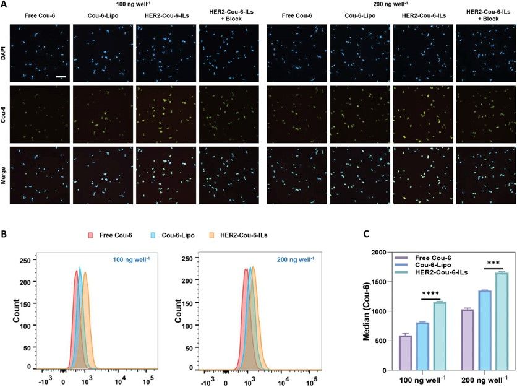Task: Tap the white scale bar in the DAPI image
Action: tap(61, 77)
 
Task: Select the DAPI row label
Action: tap(5, 55)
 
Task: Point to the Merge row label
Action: tap(5, 176)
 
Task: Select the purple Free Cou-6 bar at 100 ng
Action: tap(406, 353)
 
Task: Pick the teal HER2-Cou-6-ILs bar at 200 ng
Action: tap(502, 321)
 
